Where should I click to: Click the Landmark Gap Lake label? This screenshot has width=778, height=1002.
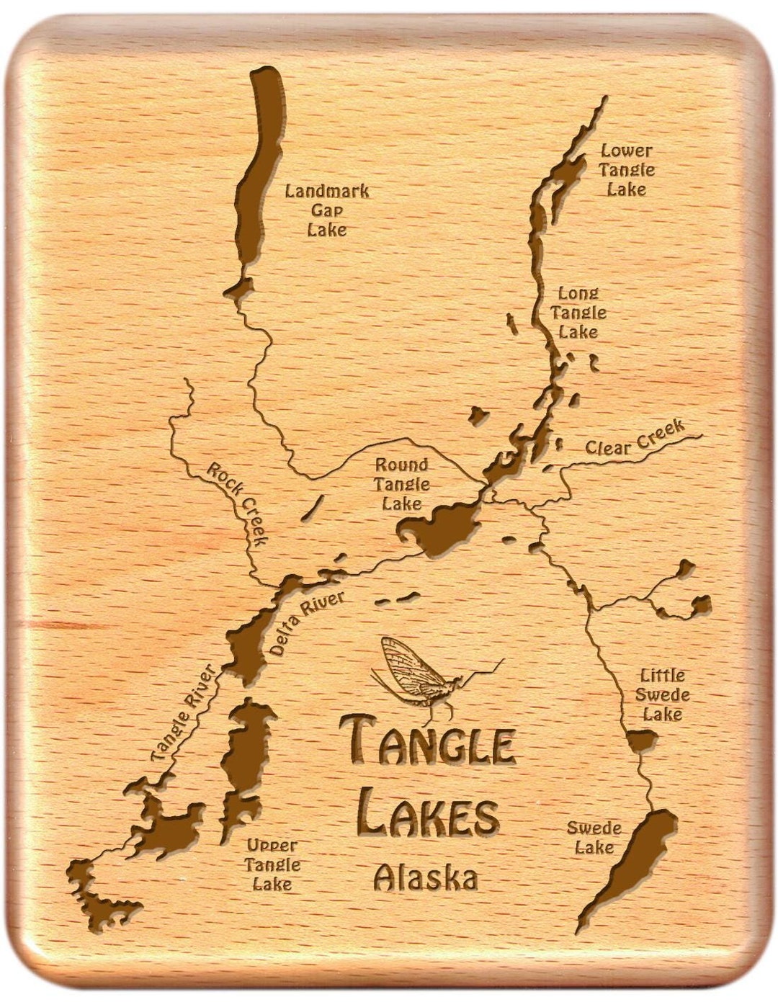[x=326, y=210]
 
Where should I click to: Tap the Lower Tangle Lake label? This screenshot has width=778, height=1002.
[x=627, y=170]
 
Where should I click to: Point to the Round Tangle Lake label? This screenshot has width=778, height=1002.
[x=401, y=484]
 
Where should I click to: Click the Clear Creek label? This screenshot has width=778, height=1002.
[x=634, y=439]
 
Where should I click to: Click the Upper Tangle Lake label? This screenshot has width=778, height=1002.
[x=272, y=864]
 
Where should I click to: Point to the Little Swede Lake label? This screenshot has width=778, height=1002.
[x=663, y=695]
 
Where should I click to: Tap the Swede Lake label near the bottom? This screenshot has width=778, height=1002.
[x=594, y=838]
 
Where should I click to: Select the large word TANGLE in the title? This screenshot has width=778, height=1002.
[x=428, y=741]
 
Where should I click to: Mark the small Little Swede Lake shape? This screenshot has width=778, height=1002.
[x=640, y=741]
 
